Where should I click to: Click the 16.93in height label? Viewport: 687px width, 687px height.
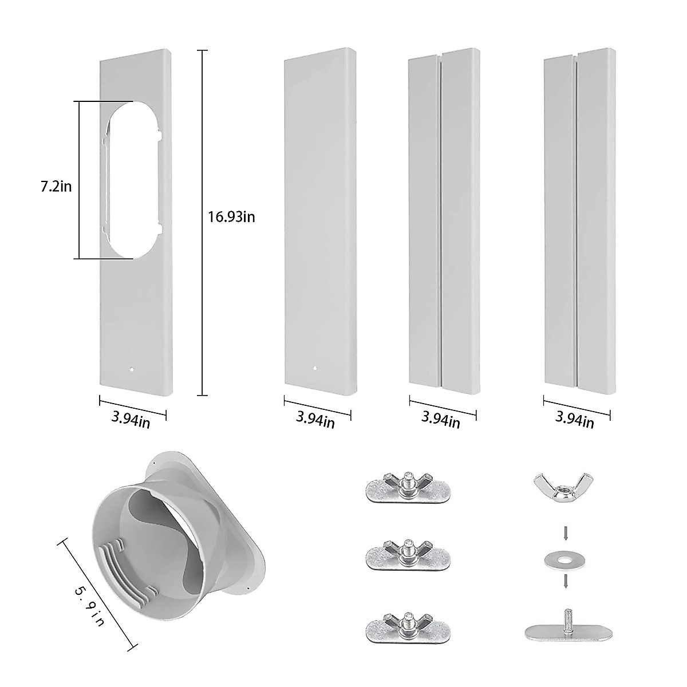pos(232,216)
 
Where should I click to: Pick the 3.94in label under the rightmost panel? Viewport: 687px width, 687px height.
pos(575,421)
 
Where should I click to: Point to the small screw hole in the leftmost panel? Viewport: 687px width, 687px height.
pos(131,369)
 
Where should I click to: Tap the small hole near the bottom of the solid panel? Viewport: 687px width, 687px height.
pos(315,368)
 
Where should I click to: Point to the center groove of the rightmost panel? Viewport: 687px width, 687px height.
pos(576,218)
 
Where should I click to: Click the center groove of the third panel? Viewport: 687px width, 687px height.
pos(441,218)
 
